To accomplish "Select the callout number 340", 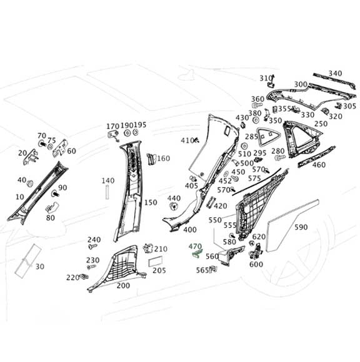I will coord(335,74).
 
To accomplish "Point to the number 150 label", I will coord(151,203).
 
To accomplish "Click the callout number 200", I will coord(123,285).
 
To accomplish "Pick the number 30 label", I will coord(41,267).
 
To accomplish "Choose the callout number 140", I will coord(107,181).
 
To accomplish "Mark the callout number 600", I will coord(256,264).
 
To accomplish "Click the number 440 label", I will coord(174,198).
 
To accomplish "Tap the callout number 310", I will coord(265,77).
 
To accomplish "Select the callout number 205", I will coord(159,270).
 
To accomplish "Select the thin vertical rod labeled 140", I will coord(107,193).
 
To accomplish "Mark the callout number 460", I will coord(319,165).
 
